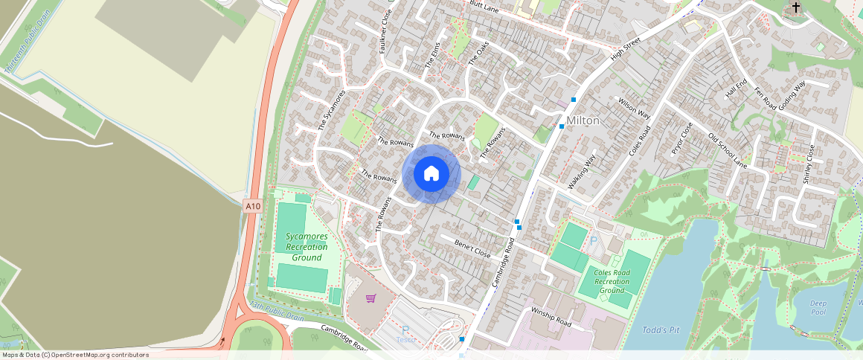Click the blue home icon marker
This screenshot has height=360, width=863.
431,174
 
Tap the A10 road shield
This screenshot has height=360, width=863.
252,206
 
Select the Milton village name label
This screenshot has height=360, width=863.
583,120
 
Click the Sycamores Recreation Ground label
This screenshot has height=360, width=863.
307,247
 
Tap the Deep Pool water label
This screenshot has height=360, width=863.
818,306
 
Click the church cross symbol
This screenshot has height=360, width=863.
796,8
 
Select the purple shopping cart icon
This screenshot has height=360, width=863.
370,298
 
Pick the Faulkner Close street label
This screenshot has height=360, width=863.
385,33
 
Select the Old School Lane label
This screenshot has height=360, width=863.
727,151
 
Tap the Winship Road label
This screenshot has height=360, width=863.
551,316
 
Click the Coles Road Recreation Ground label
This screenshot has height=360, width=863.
612,281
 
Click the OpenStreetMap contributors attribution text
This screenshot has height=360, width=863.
75,355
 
